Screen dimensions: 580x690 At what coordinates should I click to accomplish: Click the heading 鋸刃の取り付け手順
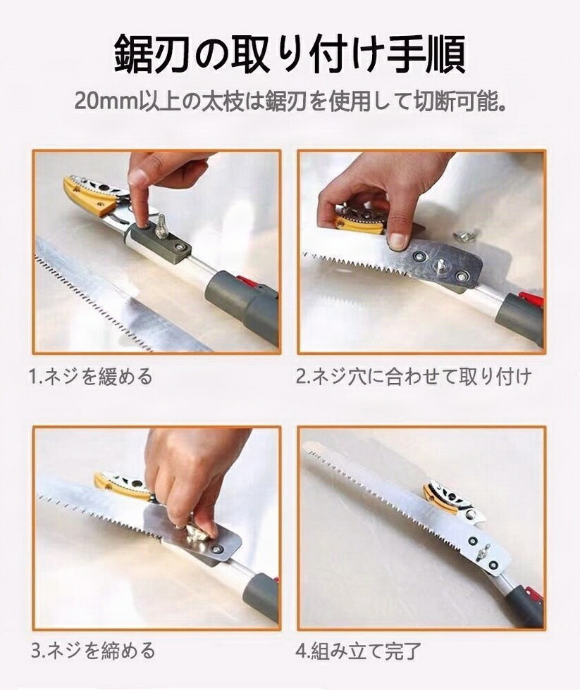point(290,55)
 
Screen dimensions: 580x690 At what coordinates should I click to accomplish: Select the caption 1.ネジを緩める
point(91,377)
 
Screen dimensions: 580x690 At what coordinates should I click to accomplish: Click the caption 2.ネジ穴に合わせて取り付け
point(414,377)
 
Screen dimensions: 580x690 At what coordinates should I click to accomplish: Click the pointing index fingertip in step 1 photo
point(139,178)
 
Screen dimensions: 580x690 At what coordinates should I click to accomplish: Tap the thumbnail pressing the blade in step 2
point(398,240)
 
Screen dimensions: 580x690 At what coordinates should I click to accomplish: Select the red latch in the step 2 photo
point(531,299)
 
